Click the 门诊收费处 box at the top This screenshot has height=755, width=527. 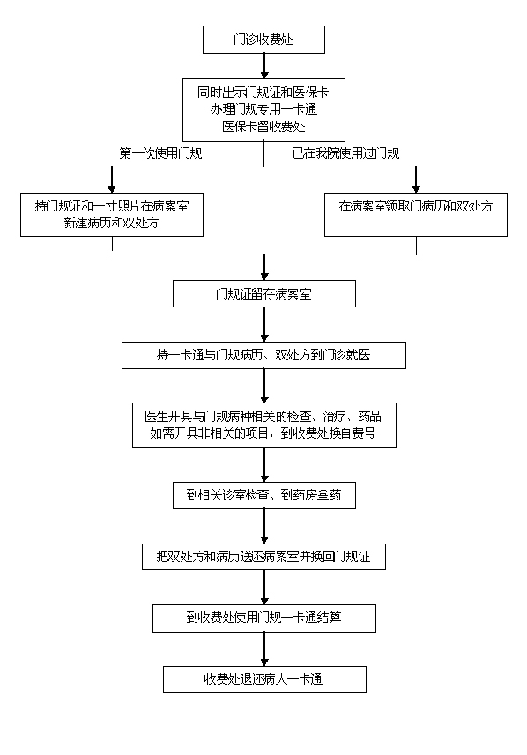click(x=263, y=40)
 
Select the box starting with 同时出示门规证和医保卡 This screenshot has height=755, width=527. click(x=263, y=110)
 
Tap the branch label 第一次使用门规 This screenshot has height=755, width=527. click(x=160, y=153)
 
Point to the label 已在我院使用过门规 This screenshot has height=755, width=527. click(x=345, y=153)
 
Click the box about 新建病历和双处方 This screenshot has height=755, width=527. click(x=112, y=215)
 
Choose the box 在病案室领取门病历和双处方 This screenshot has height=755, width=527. click(x=416, y=215)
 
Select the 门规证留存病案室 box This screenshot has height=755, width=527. click(x=264, y=293)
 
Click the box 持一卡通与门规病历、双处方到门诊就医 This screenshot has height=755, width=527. click(x=263, y=355)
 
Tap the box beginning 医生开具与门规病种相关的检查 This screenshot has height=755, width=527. click(x=264, y=426)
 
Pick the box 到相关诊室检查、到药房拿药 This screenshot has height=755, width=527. click(x=264, y=495)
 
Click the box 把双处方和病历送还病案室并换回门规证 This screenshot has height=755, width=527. click(x=263, y=557)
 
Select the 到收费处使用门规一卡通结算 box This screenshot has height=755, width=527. click(x=264, y=618)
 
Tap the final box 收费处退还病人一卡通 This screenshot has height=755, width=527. click(x=264, y=679)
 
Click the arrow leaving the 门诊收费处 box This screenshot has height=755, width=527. click(x=264, y=66)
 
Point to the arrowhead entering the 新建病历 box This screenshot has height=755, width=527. click(x=112, y=189)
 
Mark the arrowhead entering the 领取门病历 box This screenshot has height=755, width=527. click(x=416, y=189)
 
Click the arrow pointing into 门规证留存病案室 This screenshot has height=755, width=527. click(x=264, y=268)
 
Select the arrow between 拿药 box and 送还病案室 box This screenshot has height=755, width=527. click(x=264, y=526)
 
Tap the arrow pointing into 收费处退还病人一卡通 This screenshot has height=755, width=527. click(x=264, y=649)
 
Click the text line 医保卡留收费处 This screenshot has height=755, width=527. click(x=263, y=127)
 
